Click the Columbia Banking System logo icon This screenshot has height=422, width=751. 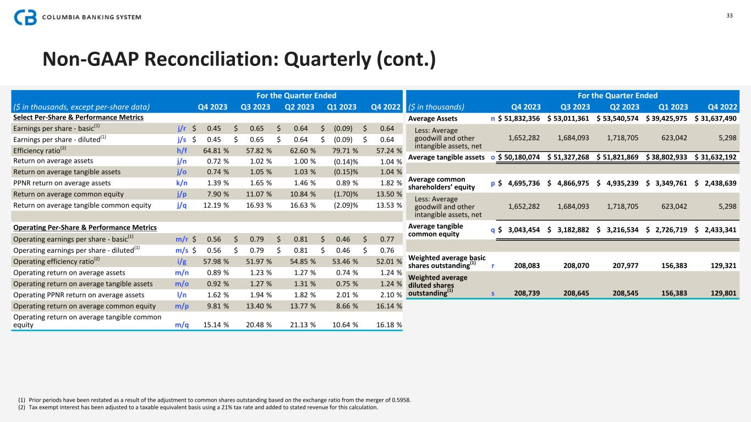tap(25, 17)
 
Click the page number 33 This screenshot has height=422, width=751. tap(730, 15)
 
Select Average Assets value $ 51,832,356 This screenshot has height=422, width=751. tap(519, 118)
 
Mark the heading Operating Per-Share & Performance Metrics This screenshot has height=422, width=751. tap(85, 227)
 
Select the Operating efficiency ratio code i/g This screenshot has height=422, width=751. tap(183, 262)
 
